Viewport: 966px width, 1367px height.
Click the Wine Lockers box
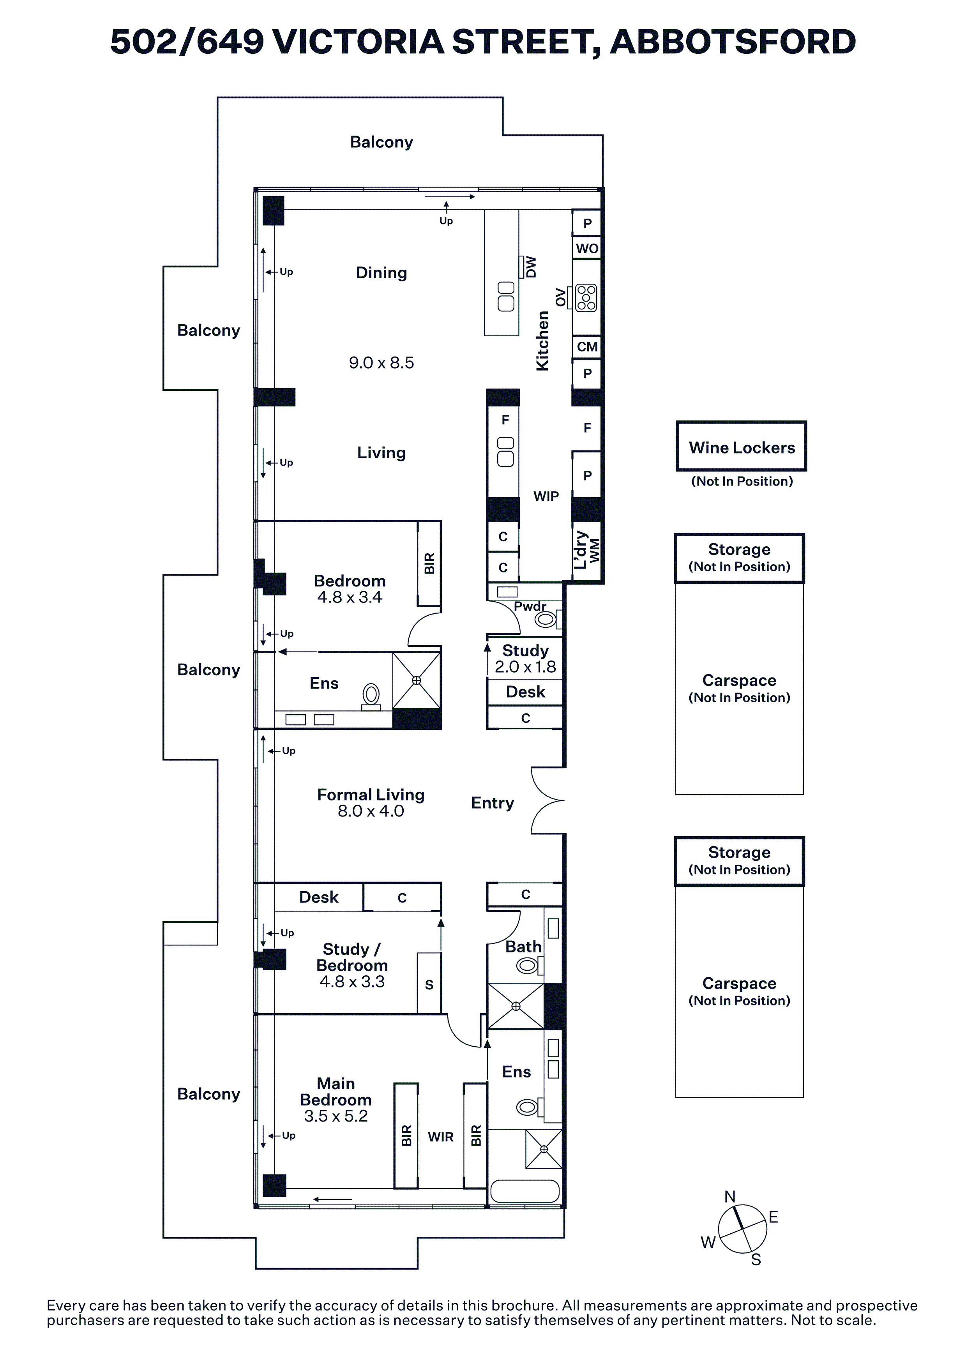click(741, 447)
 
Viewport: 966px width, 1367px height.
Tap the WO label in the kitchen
click(587, 248)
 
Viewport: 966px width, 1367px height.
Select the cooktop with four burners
click(586, 298)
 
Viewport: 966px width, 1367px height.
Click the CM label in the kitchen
click(587, 346)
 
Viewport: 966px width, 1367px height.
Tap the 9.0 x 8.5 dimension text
click(381, 362)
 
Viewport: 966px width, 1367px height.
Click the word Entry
click(492, 803)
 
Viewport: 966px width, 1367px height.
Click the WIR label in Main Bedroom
click(440, 1137)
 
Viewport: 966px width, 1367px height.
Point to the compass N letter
click(730, 1196)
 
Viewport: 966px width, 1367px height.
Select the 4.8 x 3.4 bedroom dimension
click(350, 597)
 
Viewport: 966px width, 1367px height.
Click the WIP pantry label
click(546, 496)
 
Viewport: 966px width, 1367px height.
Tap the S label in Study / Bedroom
click(429, 985)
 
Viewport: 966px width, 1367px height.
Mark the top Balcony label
click(381, 142)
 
